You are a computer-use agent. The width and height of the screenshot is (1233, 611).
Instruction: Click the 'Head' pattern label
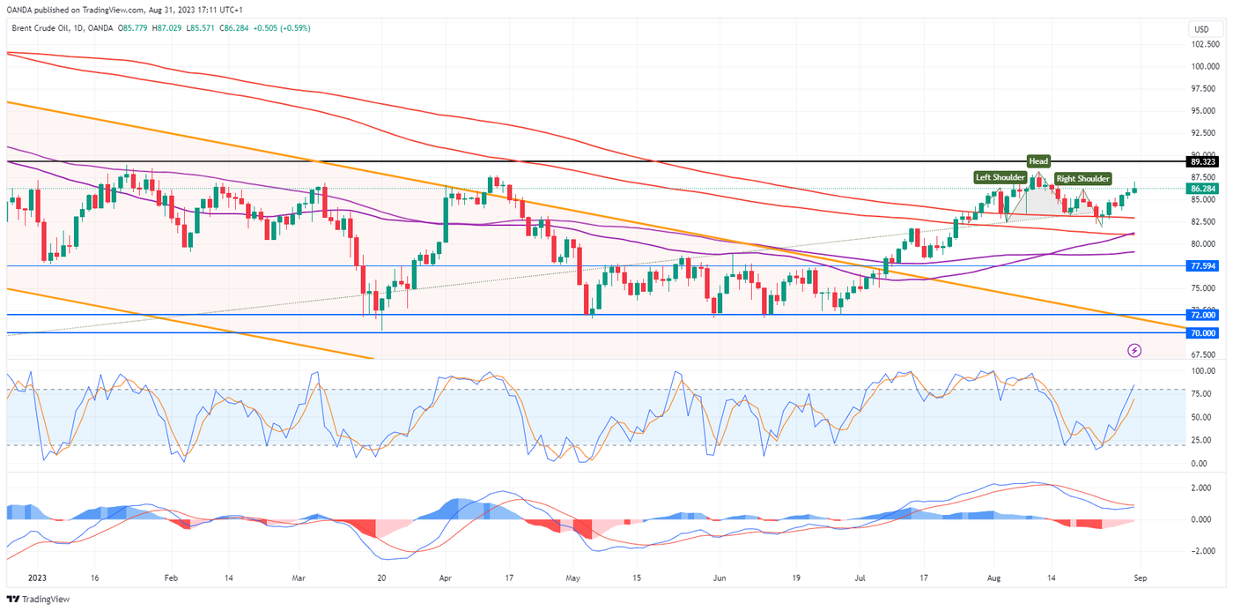(1038, 160)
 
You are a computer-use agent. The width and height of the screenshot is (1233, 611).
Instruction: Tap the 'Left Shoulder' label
(1000, 177)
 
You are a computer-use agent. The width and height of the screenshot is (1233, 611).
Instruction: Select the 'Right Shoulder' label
(1082, 178)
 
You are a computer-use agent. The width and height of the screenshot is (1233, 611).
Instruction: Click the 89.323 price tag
(1202, 162)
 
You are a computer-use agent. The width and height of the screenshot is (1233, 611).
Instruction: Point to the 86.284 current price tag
(1202, 189)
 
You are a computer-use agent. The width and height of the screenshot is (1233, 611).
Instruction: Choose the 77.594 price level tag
(1202, 265)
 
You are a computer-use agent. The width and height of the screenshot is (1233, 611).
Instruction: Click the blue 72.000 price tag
(1202, 315)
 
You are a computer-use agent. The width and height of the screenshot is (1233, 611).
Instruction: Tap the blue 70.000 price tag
(1202, 333)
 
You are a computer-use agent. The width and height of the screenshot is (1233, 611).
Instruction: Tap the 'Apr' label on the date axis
(445, 578)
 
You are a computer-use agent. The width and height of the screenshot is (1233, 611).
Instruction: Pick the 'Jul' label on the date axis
(858, 578)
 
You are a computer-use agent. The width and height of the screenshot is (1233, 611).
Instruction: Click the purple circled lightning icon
(1135, 351)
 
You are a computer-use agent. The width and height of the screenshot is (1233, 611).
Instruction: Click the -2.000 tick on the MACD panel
(1202, 551)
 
